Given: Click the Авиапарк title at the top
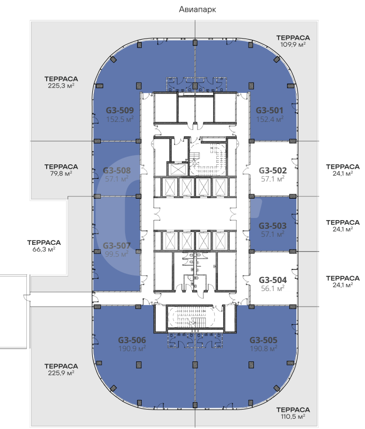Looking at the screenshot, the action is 198,10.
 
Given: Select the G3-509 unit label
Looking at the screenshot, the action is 120,110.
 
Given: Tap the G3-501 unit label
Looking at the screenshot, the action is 269,110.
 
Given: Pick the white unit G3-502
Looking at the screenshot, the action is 273,169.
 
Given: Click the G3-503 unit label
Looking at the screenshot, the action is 273,226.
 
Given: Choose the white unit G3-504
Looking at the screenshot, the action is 273,279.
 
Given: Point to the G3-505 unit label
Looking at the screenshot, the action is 264,340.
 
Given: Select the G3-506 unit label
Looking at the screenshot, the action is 132,340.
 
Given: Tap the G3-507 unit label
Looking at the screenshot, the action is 117,245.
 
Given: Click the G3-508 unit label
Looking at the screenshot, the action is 117,170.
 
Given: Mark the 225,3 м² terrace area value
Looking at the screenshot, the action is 61,85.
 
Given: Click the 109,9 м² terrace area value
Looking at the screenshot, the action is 293,45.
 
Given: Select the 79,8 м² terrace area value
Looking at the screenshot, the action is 61,173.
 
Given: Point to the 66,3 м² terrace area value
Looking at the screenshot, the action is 44,249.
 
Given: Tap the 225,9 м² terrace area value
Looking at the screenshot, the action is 61,373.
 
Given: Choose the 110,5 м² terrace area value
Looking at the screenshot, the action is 293,417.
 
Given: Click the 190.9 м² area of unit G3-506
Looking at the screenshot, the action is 132,349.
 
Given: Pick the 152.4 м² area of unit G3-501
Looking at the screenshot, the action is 270,119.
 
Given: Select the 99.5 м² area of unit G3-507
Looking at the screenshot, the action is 117,254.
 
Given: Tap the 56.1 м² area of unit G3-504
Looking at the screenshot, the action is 273,289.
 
